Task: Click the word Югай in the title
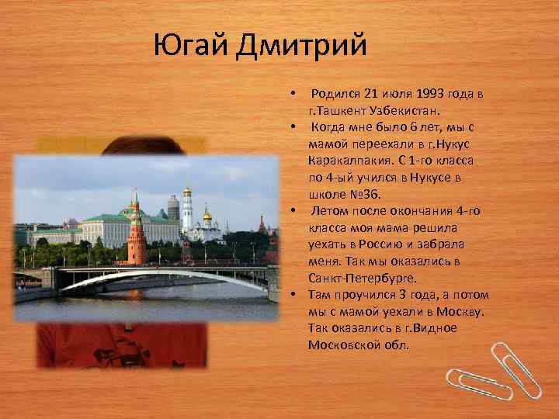(189, 45)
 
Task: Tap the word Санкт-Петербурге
(362, 277)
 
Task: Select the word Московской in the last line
(345, 344)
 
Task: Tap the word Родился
(335, 94)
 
